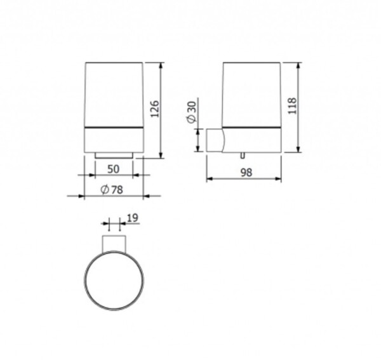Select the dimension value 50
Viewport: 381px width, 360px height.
click(113, 169)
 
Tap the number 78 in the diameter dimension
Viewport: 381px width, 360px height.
click(117, 189)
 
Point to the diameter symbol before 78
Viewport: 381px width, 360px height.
click(104, 189)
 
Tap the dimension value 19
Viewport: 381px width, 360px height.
click(132, 218)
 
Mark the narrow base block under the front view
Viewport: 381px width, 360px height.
click(114, 155)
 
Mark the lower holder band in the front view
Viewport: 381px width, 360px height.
click(114, 140)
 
